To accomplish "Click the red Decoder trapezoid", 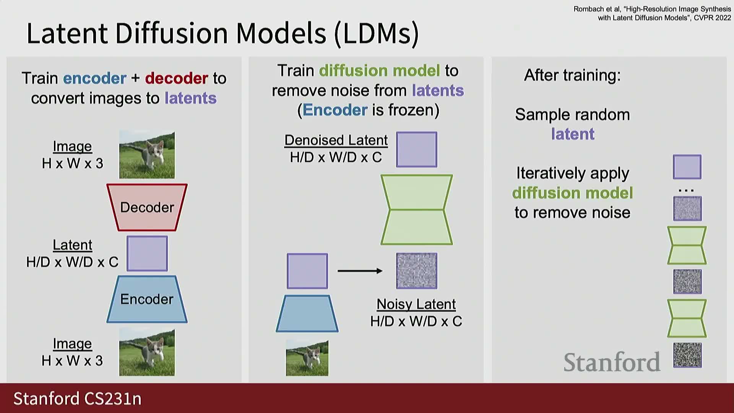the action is [147, 207].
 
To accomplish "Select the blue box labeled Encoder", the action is [147, 299].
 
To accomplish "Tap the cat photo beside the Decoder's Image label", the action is [147, 155].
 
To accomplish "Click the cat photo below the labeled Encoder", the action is [147, 352].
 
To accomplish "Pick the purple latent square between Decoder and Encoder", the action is [147, 253].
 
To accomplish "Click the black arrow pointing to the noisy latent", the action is [360, 271].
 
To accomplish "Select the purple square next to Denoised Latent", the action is [417, 150].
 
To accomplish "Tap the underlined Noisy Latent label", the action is [416, 304].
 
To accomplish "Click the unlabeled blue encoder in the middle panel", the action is [307, 313].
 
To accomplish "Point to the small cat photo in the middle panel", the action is [307, 358].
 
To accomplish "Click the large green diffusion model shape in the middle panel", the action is [417, 210].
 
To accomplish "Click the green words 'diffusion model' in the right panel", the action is [572, 193].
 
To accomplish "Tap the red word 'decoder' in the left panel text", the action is [176, 78].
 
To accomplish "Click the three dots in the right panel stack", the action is [686, 190].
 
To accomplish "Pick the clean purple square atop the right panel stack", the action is [687, 167].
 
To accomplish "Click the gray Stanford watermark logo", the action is [612, 362].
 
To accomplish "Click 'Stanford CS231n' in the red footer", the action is [78, 398].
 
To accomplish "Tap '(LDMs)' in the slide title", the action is [377, 34].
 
